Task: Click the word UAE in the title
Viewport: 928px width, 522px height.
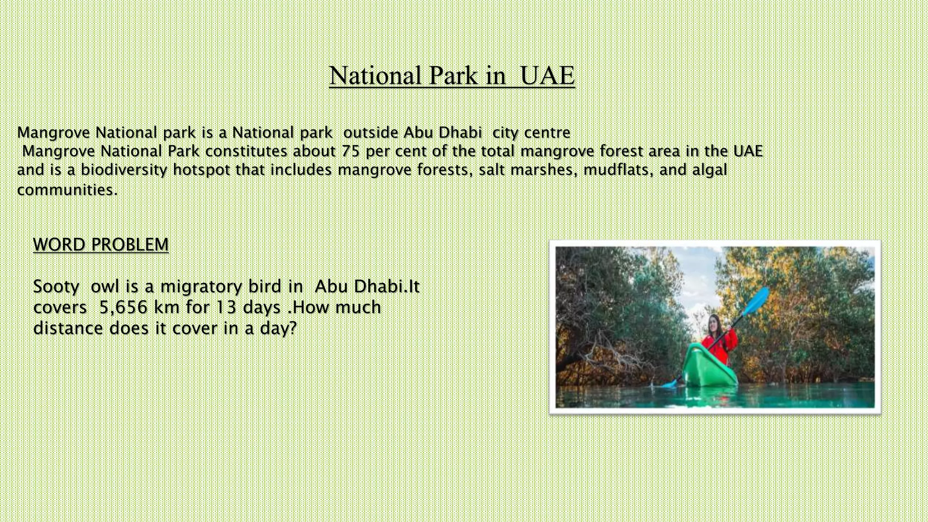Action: pyautogui.click(x=547, y=75)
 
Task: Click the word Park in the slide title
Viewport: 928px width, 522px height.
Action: pyautogui.click(x=453, y=75)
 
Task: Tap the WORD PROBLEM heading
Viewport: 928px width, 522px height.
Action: pyautogui.click(x=101, y=245)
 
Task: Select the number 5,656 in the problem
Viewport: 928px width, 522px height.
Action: pyautogui.click(x=123, y=307)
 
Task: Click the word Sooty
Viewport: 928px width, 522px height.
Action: pyautogui.click(x=56, y=287)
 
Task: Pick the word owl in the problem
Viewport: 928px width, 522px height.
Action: pyautogui.click(x=105, y=287)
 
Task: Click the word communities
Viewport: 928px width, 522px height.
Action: pyautogui.click(x=66, y=189)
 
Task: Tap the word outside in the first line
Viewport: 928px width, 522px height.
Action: pyautogui.click(x=371, y=132)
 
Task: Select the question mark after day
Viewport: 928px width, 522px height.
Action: pyautogui.click(x=292, y=328)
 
